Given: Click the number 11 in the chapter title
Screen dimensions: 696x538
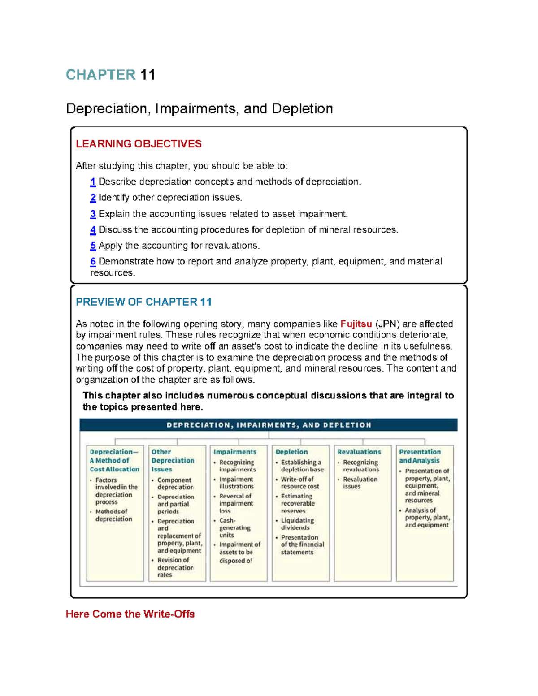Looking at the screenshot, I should (x=148, y=75).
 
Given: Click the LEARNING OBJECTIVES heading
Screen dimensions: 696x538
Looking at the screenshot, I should (x=139, y=144).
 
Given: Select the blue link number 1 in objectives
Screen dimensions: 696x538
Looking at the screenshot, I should (x=93, y=182).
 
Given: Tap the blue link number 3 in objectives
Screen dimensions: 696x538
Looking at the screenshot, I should (x=93, y=214).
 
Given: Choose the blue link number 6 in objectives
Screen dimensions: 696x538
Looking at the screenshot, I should (x=93, y=262).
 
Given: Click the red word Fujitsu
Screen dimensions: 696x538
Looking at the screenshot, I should (x=356, y=324).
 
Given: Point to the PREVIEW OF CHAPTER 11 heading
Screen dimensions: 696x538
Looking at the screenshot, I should (x=143, y=302).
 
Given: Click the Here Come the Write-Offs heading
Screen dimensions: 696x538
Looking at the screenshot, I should (x=130, y=614).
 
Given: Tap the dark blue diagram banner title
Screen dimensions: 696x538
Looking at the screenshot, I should (x=269, y=425).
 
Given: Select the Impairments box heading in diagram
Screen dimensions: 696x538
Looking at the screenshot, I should (x=235, y=452).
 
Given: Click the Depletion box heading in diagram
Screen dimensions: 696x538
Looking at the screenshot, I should (x=291, y=452).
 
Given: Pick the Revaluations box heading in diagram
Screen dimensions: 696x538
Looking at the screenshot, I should (x=359, y=452).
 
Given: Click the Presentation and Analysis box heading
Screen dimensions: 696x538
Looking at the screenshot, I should (x=420, y=456).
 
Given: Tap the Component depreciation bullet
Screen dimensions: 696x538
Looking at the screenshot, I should (x=175, y=484).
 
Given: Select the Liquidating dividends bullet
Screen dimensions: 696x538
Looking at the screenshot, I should (x=297, y=524).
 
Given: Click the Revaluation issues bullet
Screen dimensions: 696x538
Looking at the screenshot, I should (x=360, y=483).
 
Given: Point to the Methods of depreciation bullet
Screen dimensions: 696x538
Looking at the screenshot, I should (x=113, y=515).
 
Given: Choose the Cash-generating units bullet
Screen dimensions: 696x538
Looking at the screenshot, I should (x=234, y=527).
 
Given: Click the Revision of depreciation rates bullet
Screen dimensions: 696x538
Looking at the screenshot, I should (x=175, y=567).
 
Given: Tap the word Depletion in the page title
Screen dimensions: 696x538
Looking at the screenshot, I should (x=302, y=109).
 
